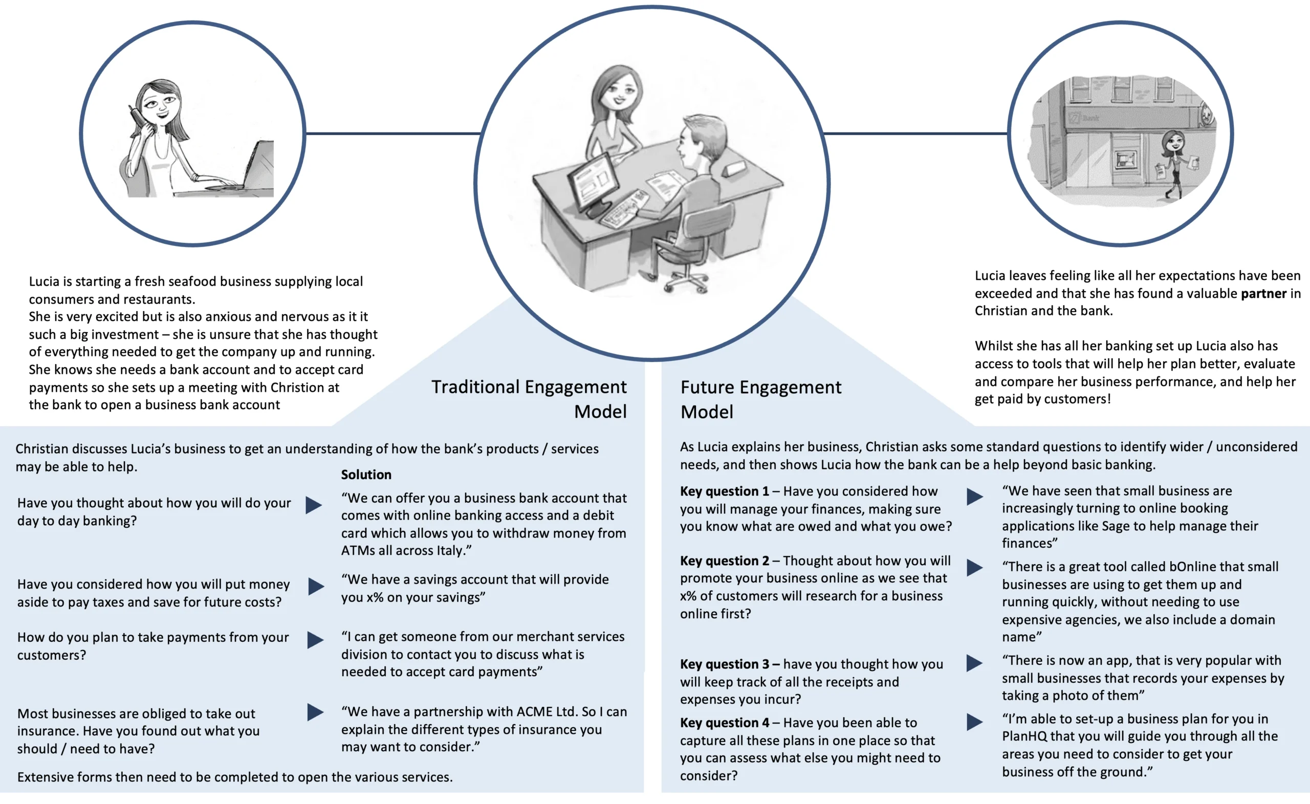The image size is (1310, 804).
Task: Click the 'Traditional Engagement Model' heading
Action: coord(529,399)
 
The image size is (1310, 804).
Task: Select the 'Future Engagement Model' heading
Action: coord(760,399)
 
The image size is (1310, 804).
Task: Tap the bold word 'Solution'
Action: coord(366,474)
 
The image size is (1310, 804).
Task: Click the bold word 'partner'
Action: coord(1263,294)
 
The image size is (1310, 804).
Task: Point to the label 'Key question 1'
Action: coord(725,492)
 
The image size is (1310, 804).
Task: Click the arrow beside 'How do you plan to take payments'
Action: coord(315,640)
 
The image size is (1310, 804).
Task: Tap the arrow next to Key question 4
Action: coord(974,722)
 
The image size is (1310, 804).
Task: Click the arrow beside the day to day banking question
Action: coord(314,505)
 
